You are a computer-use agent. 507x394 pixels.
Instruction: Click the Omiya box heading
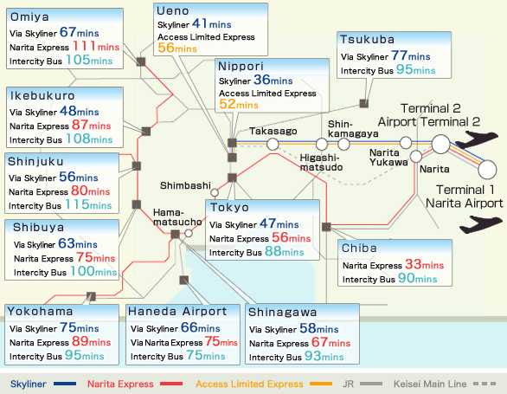pyautogui.click(x=29, y=16)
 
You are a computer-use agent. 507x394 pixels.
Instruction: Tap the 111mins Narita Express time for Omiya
pyautogui.click(x=96, y=46)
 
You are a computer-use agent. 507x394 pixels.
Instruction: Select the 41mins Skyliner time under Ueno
pyautogui.click(x=212, y=23)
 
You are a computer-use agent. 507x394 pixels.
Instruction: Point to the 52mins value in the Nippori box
pyautogui.click(x=239, y=104)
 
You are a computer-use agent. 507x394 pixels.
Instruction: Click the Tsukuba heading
pyautogui.click(x=368, y=40)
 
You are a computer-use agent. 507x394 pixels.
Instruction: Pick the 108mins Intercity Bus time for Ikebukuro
pyautogui.click(x=89, y=139)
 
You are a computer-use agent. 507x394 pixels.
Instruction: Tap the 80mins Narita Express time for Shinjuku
pyautogui.click(x=91, y=191)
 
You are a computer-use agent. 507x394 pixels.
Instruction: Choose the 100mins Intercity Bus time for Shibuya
pyautogui.click(x=93, y=271)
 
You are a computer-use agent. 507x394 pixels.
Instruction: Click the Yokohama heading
pyautogui.click(x=40, y=312)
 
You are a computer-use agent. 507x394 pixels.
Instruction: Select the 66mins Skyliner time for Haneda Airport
pyautogui.click(x=201, y=327)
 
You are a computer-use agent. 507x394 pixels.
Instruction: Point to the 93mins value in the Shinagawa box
pyautogui.click(x=324, y=356)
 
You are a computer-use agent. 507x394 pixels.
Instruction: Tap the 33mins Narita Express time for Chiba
pyautogui.click(x=424, y=264)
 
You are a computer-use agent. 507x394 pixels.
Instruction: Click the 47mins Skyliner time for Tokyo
pyautogui.click(x=279, y=223)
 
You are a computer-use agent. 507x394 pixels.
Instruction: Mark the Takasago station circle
pyautogui.click(x=273, y=144)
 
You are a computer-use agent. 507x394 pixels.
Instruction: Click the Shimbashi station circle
pyautogui.click(x=215, y=193)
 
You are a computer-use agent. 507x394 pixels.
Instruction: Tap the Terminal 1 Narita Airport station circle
pyautogui.click(x=487, y=170)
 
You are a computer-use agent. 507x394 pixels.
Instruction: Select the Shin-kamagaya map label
pyautogui.click(x=353, y=129)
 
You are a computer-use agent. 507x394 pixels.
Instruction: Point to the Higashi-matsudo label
pyautogui.click(x=321, y=163)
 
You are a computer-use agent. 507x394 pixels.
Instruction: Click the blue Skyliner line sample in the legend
pyautogui.click(x=65, y=384)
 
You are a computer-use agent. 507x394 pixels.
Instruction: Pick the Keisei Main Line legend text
pyautogui.click(x=430, y=384)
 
